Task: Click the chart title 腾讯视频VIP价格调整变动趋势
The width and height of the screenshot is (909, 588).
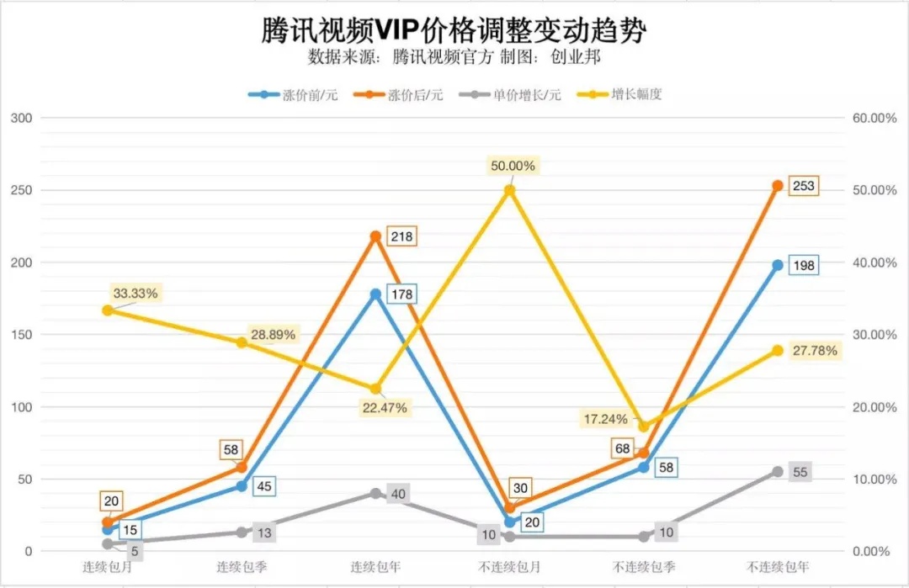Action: click(454, 30)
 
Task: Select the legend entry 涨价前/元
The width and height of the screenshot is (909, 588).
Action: click(294, 94)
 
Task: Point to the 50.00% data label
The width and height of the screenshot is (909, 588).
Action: click(512, 167)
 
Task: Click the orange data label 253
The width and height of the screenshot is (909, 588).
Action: click(803, 186)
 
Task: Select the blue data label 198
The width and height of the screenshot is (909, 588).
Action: click(803, 265)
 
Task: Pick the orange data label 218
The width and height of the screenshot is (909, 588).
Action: click(401, 236)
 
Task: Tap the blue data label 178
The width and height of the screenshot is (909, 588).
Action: click(401, 294)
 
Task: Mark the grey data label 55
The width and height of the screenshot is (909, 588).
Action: click(800, 472)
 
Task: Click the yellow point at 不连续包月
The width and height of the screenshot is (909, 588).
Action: click(509, 190)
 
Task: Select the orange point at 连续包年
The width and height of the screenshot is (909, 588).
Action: click(375, 236)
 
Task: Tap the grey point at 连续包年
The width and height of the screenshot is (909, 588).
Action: click(375, 493)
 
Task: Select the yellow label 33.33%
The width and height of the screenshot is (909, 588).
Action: click(135, 294)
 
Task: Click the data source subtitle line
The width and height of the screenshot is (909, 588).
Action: click(454, 57)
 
